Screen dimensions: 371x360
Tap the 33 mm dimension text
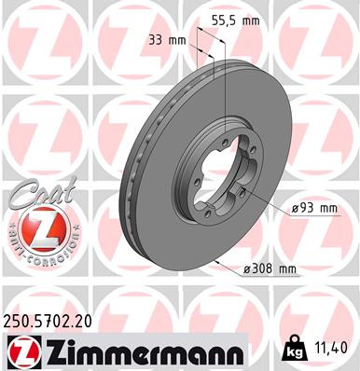167,39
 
